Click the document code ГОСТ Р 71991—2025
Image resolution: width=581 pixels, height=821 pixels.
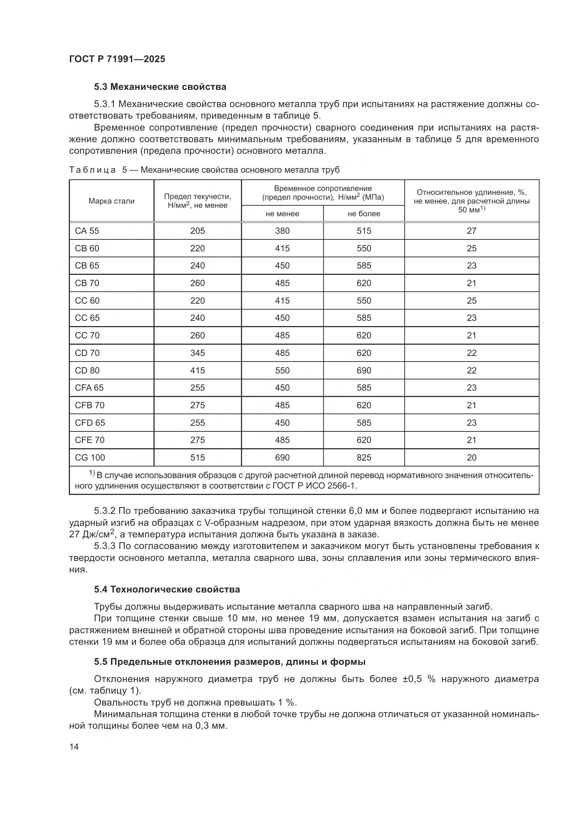point(117,59)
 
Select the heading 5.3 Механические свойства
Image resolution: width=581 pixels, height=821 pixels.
point(160,87)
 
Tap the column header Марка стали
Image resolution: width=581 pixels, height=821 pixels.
point(111,201)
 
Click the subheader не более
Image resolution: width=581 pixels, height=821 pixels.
point(364,214)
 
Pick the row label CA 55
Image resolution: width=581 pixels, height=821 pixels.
point(87,231)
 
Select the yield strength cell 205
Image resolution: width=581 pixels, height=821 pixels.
point(197,231)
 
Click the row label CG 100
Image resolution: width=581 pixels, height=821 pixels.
point(90,457)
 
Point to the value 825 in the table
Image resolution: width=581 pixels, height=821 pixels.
point(364,457)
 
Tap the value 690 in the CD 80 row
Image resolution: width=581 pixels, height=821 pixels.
point(364,370)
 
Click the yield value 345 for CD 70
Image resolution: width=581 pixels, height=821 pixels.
point(197,353)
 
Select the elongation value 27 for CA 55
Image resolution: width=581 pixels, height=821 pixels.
point(471,231)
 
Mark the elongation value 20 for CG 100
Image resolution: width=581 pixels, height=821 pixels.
point(471,457)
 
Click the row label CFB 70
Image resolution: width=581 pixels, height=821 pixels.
point(90,405)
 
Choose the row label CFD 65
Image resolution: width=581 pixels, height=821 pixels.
point(90,423)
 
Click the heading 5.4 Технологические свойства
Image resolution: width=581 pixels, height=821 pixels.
point(167,589)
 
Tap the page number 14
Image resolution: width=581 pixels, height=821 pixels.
point(74,747)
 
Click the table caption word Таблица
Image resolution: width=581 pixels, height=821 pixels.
point(92,170)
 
